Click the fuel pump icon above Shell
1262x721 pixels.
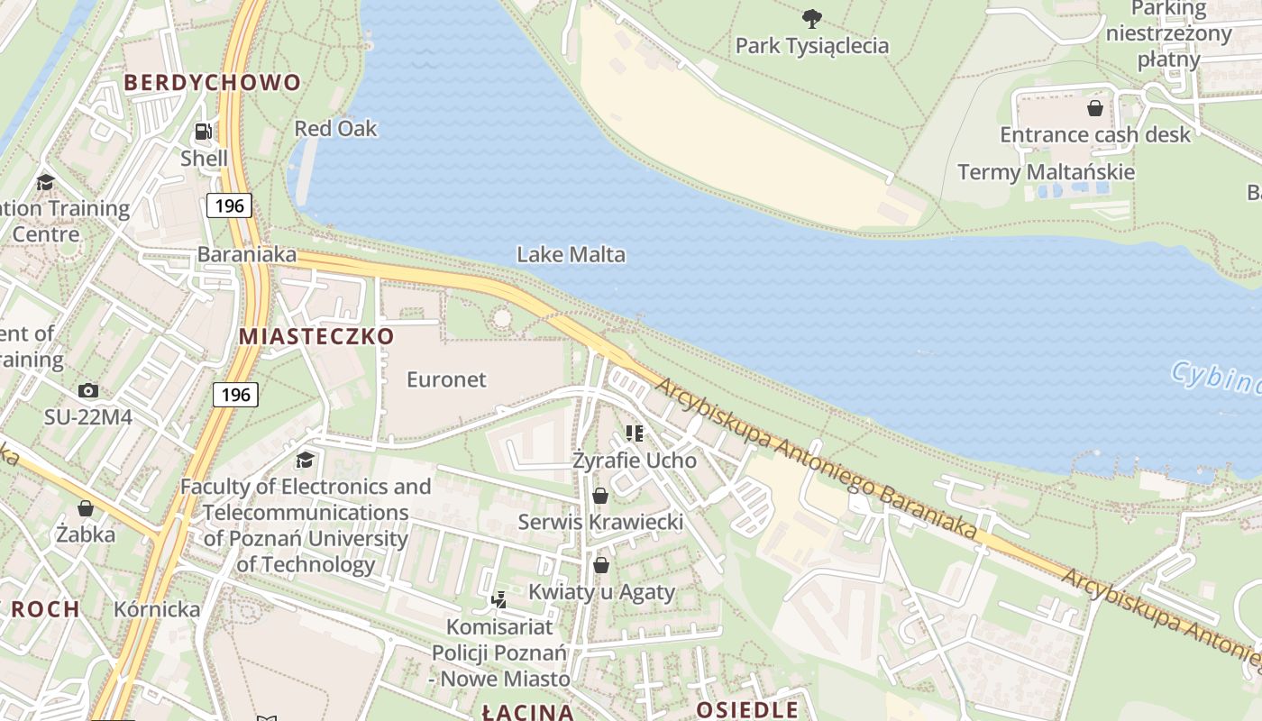point(204,132)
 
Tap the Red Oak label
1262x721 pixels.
point(335,129)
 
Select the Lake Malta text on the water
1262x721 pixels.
point(571,255)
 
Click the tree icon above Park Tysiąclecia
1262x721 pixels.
point(811,18)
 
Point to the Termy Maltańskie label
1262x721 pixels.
point(1046,172)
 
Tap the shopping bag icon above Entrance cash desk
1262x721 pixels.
point(1094,108)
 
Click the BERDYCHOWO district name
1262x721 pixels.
point(212,83)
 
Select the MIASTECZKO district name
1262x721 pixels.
point(316,336)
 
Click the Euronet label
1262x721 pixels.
point(446,379)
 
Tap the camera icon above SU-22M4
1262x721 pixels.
point(87,390)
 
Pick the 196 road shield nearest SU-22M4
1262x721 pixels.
point(235,395)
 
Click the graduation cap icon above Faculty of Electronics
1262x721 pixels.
point(306,460)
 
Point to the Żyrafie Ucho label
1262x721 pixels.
point(635,461)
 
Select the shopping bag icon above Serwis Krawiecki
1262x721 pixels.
point(600,496)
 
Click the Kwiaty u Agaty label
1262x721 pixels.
point(601,592)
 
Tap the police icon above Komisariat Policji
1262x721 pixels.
point(498,599)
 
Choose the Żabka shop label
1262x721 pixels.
point(86,534)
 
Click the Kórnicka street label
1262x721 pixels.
point(157,609)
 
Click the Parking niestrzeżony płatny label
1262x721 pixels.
point(1168,34)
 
